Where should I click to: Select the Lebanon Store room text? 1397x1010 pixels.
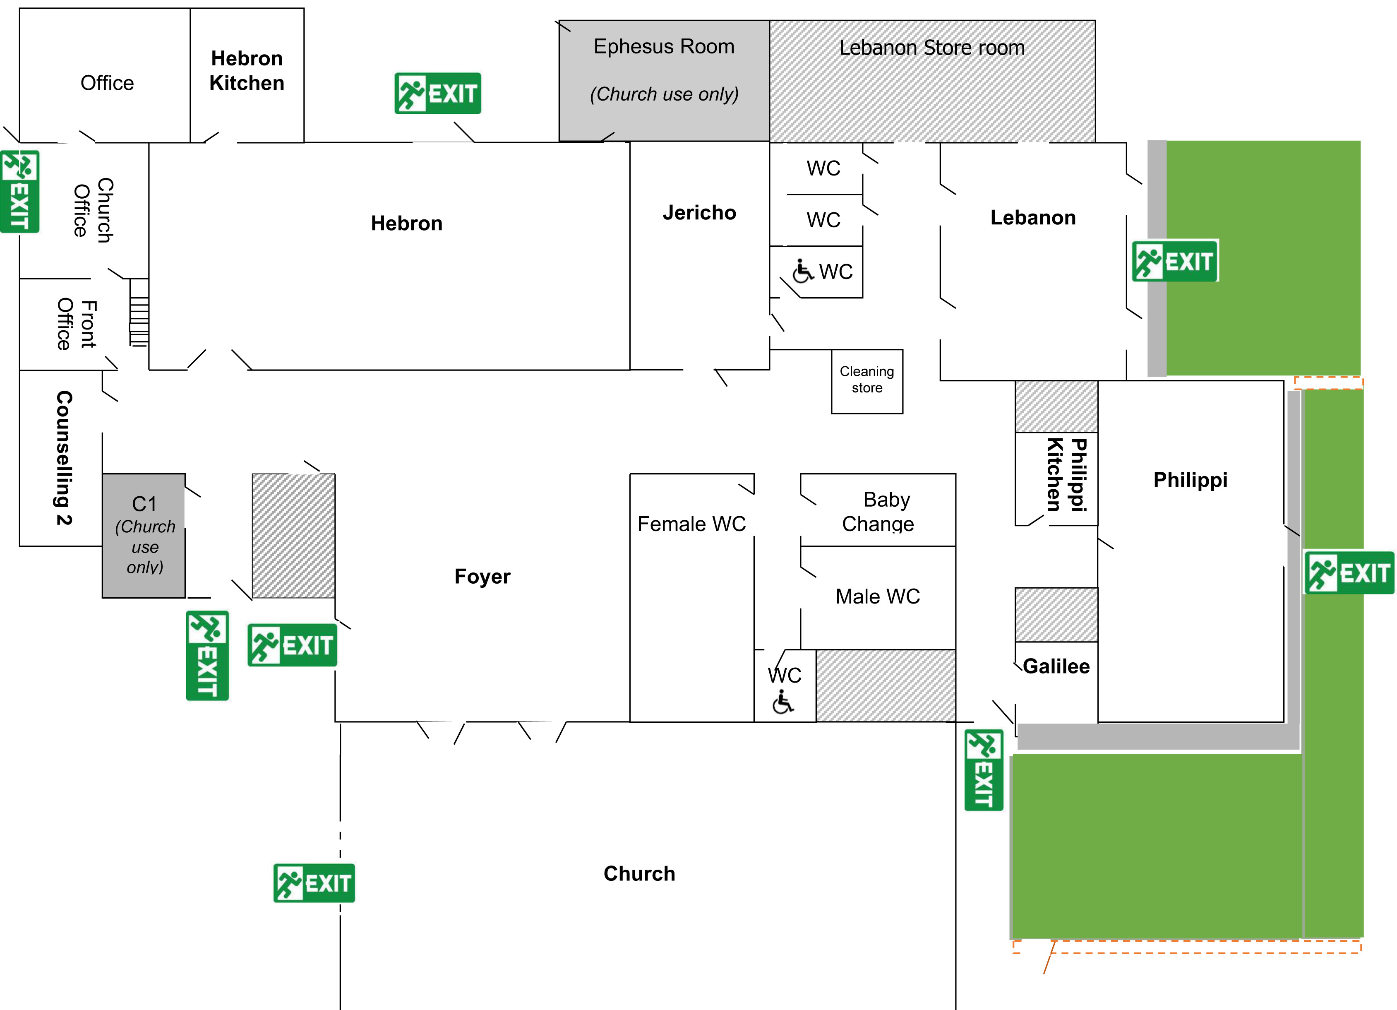(x=931, y=48)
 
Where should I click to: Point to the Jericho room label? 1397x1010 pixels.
(x=699, y=213)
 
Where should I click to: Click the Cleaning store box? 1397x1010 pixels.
(x=867, y=381)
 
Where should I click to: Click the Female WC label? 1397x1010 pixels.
(x=691, y=524)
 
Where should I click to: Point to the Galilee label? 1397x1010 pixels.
(x=1056, y=666)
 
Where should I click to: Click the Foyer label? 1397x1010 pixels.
(x=482, y=576)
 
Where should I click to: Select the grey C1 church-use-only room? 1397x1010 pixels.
(x=144, y=535)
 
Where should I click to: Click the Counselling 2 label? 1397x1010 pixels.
(x=64, y=457)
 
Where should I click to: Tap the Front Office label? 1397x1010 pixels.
(x=77, y=324)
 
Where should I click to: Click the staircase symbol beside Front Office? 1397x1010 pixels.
(x=139, y=313)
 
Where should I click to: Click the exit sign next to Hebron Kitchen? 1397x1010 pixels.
(x=437, y=94)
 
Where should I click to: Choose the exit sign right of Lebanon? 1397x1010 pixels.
(x=1175, y=261)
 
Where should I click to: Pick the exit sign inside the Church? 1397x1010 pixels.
(x=314, y=883)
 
